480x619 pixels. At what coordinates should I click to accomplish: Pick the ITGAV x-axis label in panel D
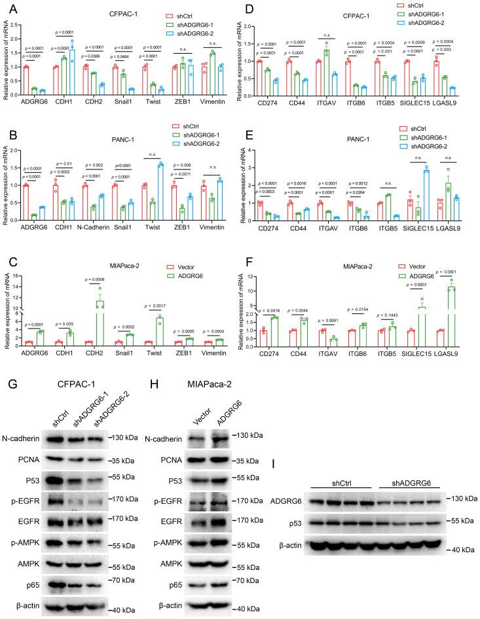(x=325, y=101)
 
